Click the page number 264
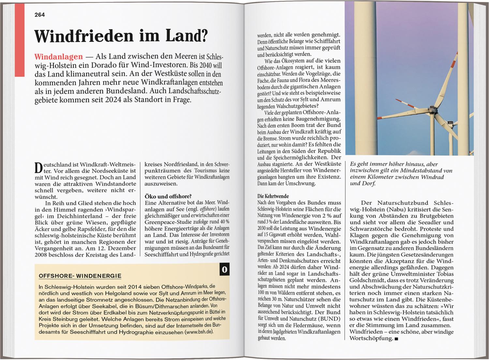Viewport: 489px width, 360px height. tap(39, 15)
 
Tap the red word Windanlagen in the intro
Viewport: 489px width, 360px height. tap(58, 56)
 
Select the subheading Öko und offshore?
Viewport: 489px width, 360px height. tap(168, 196)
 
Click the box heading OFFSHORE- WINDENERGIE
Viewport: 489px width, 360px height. tap(80, 276)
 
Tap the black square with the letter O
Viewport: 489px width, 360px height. tap(224, 270)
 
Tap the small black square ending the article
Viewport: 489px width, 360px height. tap(396, 339)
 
